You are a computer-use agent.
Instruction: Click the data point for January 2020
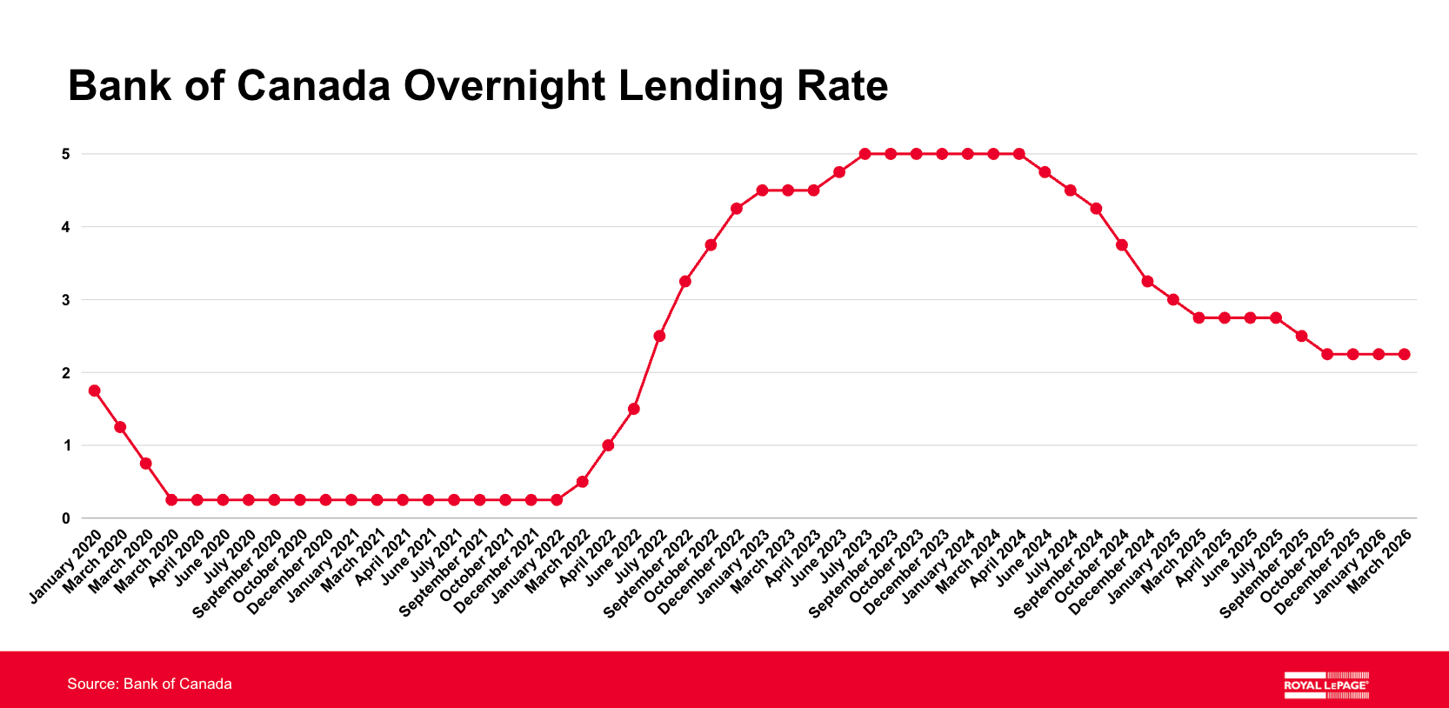point(94,391)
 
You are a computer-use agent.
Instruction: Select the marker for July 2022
point(659,336)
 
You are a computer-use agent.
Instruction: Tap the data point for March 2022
point(583,482)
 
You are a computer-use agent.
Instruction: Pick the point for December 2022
point(737,209)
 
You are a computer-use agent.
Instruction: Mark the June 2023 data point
point(839,172)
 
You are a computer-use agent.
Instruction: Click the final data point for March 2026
point(1404,354)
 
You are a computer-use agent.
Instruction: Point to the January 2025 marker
point(1173,300)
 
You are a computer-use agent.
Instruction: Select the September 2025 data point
point(1302,336)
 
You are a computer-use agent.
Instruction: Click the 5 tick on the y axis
point(65,154)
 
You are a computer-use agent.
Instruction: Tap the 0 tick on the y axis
point(65,518)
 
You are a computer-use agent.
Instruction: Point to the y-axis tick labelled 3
point(65,300)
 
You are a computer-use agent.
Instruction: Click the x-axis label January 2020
point(67,565)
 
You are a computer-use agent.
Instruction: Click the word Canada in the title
point(314,86)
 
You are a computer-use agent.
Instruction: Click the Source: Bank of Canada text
point(150,684)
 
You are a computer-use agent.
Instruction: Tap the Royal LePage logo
point(1325,685)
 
